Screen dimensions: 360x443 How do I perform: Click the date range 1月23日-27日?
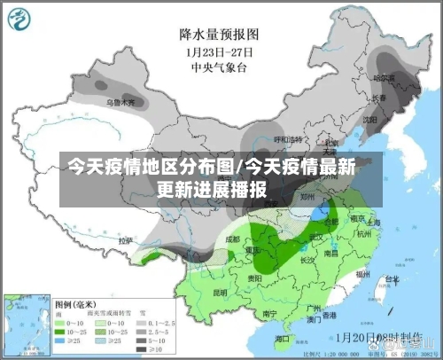[x=218, y=51]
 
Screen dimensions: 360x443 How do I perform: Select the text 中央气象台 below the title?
[x=218, y=66]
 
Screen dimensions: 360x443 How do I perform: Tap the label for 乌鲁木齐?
[x=121, y=103]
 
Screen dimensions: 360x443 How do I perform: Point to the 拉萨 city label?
[x=126, y=239]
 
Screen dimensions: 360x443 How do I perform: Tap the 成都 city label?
[x=232, y=239]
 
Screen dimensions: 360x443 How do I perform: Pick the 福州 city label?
[x=361, y=275]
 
